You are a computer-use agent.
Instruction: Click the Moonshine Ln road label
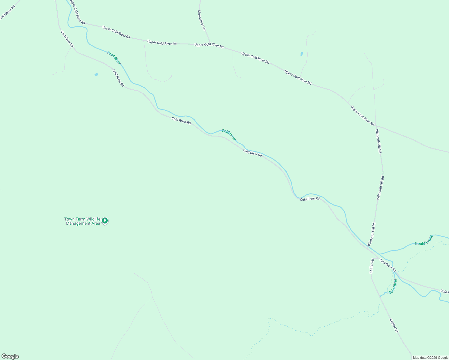click(202, 20)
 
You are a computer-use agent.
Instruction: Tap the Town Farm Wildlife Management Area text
click(83, 221)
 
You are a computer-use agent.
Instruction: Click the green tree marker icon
click(104, 221)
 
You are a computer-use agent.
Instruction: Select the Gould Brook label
click(424, 240)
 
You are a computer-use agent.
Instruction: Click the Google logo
click(10, 356)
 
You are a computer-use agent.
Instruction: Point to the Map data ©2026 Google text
click(430, 357)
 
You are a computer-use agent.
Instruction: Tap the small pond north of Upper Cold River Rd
click(302, 54)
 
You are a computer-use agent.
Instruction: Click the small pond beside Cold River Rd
click(96, 74)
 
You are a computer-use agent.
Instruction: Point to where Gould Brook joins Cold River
click(378, 254)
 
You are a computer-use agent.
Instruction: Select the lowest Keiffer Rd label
click(394, 325)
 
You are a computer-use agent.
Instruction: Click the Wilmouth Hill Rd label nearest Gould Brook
click(372, 234)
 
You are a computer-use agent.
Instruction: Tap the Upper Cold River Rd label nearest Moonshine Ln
click(209, 46)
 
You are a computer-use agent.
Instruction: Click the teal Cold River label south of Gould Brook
click(393, 286)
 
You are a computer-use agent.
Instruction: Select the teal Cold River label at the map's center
click(229, 135)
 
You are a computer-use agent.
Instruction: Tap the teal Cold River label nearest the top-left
click(114, 58)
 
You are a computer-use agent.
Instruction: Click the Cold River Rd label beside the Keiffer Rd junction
click(387, 265)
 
